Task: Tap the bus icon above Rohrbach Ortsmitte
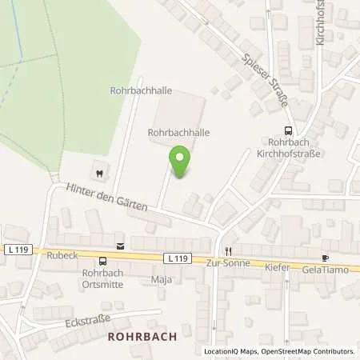102,261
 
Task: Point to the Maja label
162,280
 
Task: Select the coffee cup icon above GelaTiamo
325,258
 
